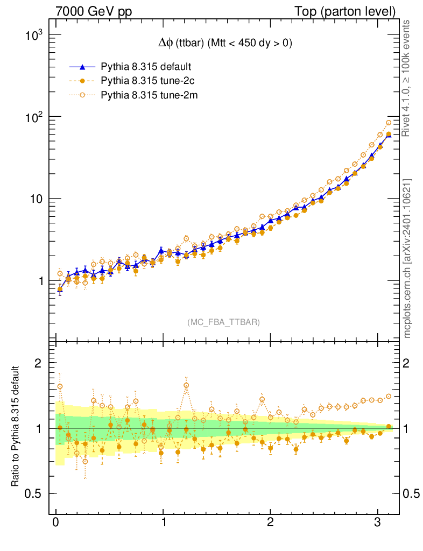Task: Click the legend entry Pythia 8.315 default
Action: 146,67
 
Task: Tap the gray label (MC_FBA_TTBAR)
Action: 224,322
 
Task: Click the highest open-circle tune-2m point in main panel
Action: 389,123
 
